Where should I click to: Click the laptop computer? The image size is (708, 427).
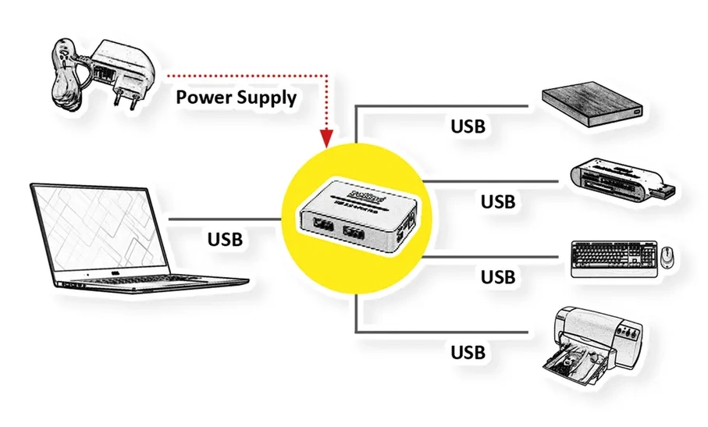click(125, 238)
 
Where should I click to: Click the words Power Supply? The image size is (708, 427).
click(236, 98)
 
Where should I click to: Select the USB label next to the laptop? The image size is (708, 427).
click(225, 238)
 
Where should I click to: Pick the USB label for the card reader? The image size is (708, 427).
click(497, 201)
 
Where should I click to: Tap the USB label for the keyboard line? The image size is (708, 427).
click(497, 276)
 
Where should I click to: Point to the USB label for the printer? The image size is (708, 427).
click(468, 351)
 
